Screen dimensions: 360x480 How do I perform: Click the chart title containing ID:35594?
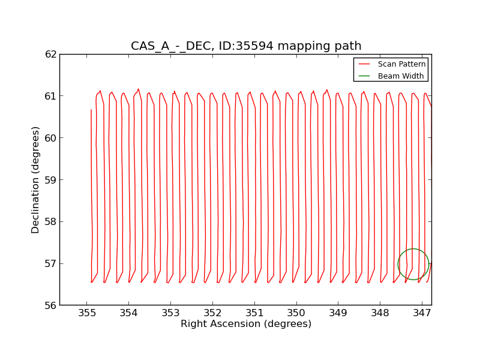[246, 46]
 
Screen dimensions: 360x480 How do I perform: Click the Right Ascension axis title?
[246, 324]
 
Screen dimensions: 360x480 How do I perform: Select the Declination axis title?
[36, 179]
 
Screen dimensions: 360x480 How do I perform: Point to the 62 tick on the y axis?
[50, 54]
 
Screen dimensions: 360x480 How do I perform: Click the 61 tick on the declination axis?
[50, 96]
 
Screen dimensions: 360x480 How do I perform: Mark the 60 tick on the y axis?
[50, 138]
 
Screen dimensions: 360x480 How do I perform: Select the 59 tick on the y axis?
[50, 180]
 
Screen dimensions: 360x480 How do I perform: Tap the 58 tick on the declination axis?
[50, 221]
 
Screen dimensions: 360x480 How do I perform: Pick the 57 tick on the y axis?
[50, 263]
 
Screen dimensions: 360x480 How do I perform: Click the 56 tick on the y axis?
[50, 305]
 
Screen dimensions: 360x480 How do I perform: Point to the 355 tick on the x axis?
[87, 313]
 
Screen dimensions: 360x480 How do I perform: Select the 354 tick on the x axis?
[129, 313]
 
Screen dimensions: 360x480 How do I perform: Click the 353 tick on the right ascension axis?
[171, 313]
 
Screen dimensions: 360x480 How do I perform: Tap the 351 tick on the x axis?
[254, 313]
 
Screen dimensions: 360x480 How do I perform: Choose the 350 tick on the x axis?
[296, 313]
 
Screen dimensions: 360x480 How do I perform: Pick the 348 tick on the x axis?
[380, 313]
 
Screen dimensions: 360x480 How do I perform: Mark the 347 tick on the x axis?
[422, 313]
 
